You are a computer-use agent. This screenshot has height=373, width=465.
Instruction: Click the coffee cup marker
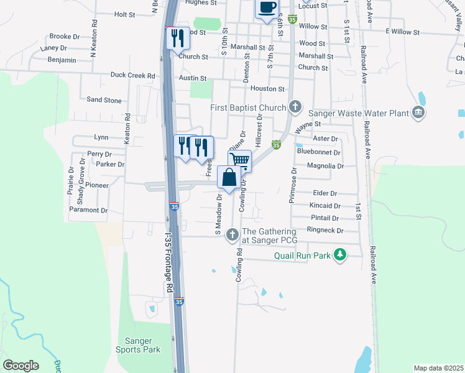tap(267, 8)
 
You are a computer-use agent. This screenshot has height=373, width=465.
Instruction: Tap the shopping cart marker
tap(240, 161)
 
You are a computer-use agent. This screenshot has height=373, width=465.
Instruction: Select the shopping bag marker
tap(229, 177)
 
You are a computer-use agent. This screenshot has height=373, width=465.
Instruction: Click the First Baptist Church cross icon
tap(295, 108)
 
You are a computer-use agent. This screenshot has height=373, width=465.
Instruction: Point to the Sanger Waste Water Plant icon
tap(418, 113)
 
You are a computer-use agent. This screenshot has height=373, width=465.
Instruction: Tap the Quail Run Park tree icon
tap(339, 255)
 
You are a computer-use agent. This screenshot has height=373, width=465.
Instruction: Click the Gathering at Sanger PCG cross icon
tap(233, 235)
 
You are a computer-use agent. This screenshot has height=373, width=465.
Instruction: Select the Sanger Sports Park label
tap(143, 345)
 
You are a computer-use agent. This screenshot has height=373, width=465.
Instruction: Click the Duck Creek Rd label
tap(132, 76)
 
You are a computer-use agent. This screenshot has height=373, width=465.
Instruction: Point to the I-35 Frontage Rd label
tap(168, 263)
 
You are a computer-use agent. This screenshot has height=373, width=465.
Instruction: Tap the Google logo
tap(21, 365)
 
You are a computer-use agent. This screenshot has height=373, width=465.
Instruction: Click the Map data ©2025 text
tap(439, 368)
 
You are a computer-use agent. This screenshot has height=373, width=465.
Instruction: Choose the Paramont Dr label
tap(88, 210)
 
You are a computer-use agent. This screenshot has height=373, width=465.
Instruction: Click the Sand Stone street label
tap(104, 99)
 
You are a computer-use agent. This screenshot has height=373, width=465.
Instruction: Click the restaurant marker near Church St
tap(178, 39)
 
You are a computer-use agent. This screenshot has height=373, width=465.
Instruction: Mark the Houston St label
tap(267, 89)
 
